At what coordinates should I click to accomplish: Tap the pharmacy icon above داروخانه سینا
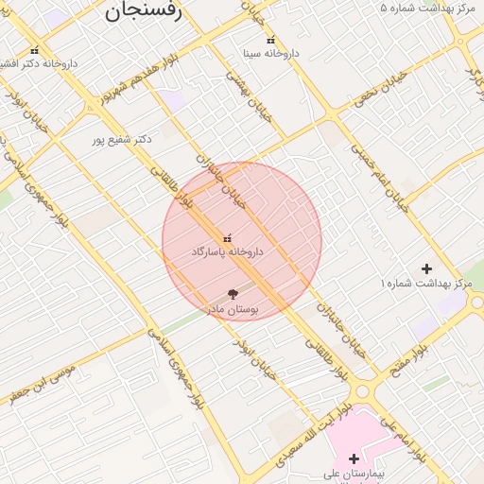coord(271,41)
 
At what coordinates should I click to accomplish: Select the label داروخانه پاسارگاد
coord(227,252)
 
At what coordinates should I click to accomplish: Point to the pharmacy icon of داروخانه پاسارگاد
coord(227,238)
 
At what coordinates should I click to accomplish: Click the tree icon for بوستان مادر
coord(233,295)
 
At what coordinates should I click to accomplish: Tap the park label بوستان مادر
coord(233,309)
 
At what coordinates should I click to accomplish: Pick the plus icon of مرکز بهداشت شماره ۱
coord(426,269)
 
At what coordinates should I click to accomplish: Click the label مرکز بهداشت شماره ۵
coord(426,8)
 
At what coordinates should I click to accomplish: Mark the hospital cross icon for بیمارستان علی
coord(354,458)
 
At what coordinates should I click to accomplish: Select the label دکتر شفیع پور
coord(122,139)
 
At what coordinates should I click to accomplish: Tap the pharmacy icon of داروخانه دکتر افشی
coord(35,50)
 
